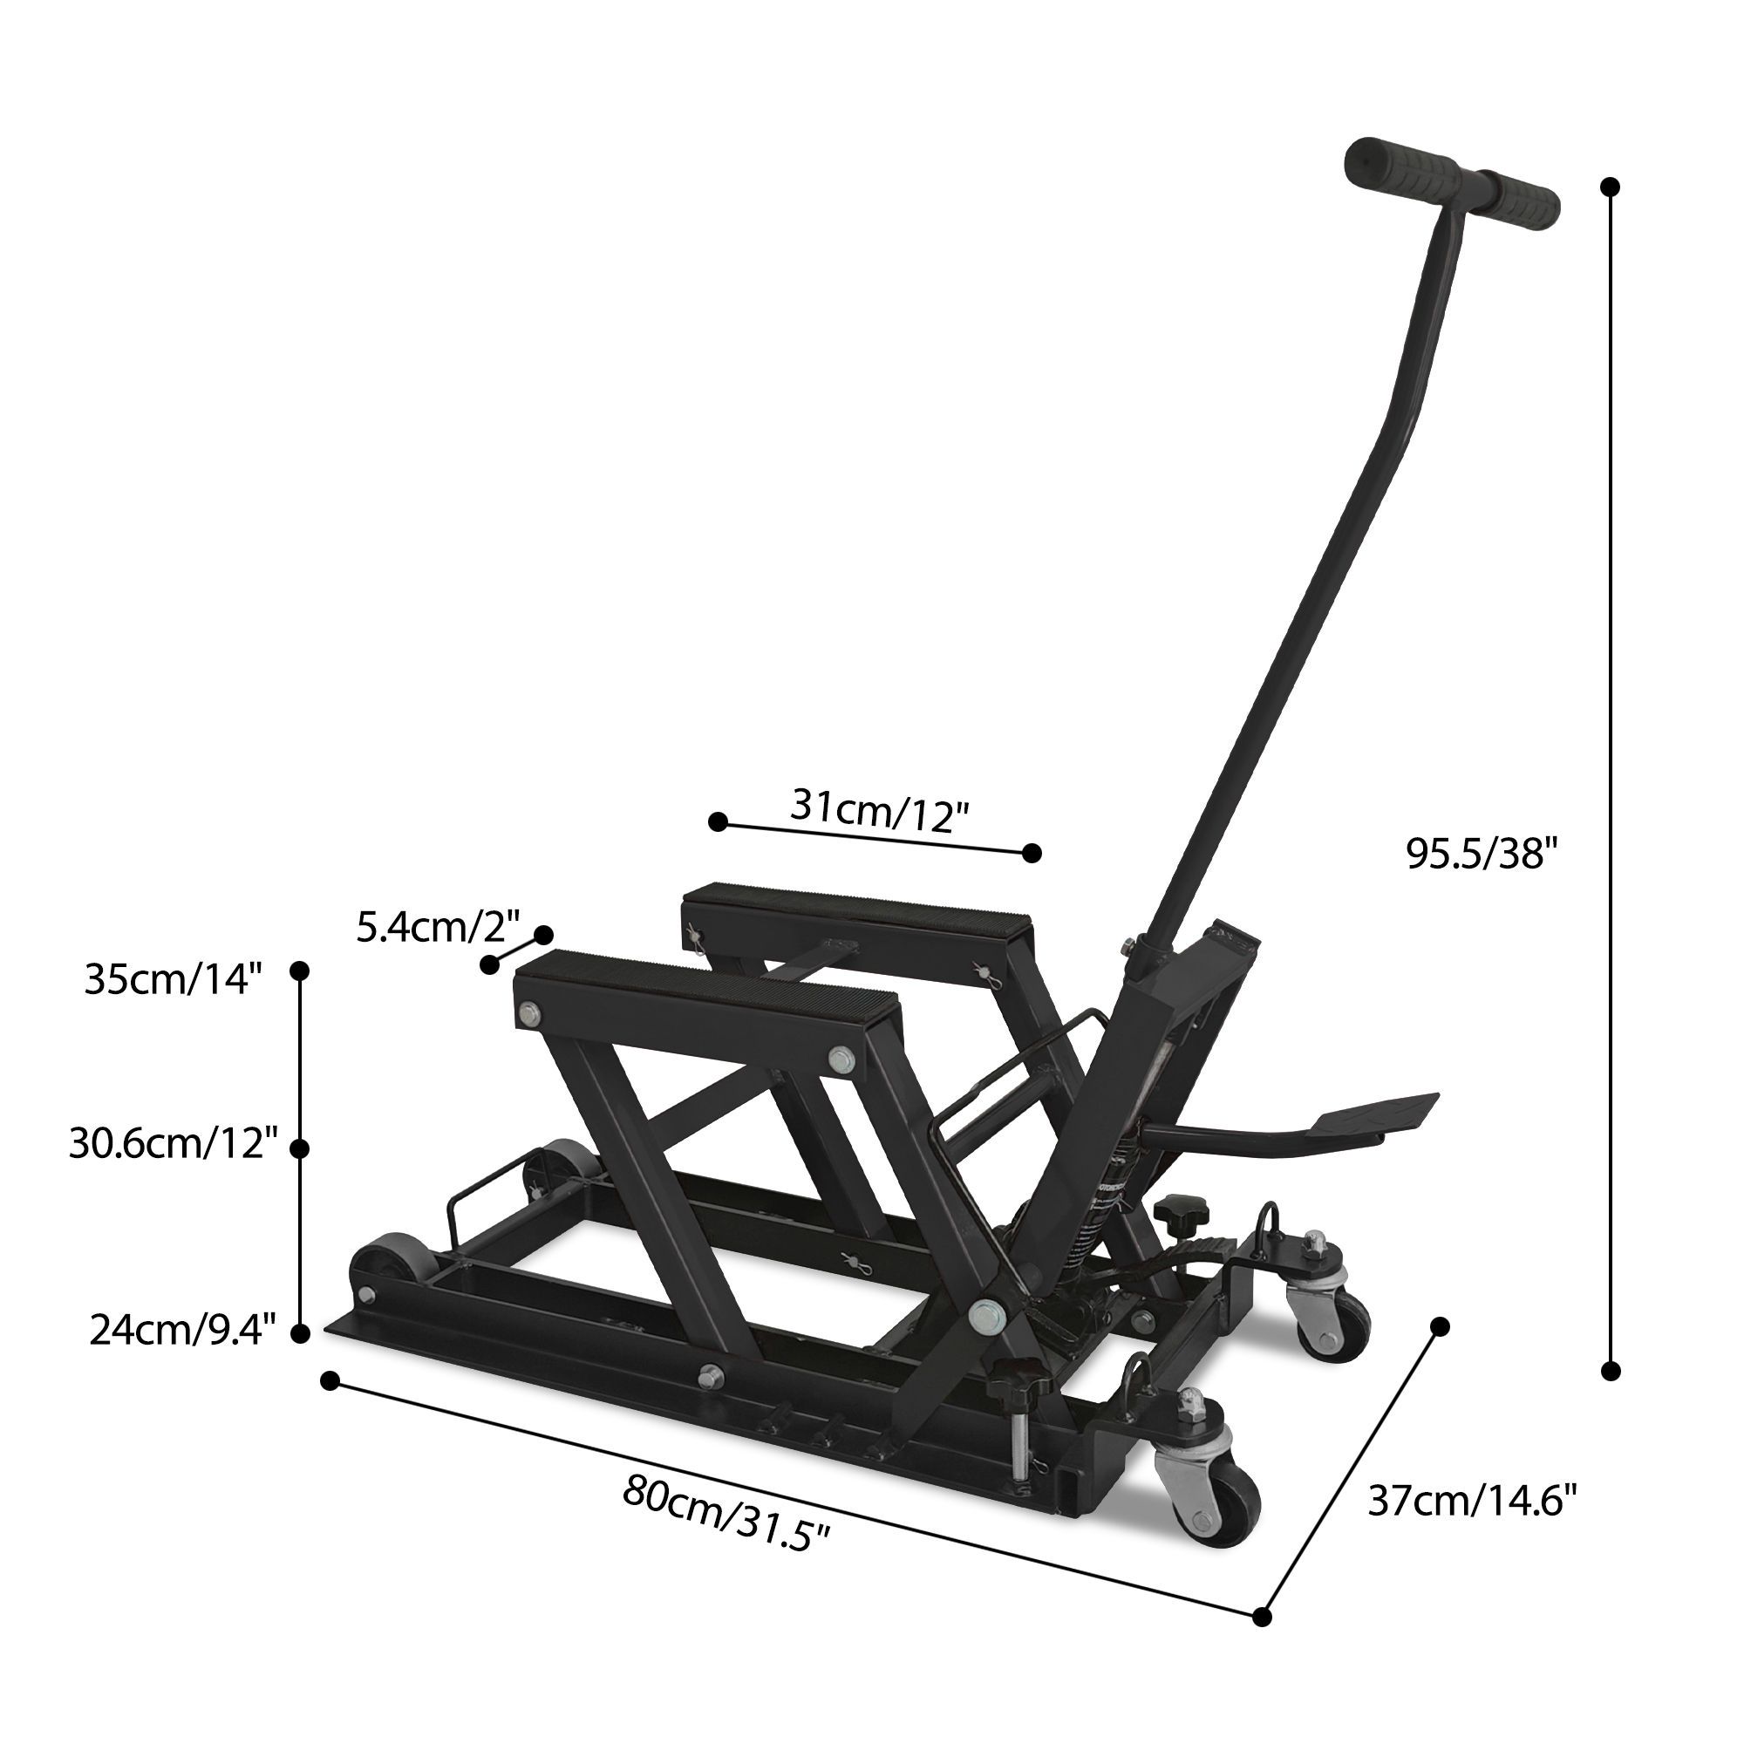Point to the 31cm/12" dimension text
pos(880,810)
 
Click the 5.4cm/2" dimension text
pos(438,927)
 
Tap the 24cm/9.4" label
pos(181,1331)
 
